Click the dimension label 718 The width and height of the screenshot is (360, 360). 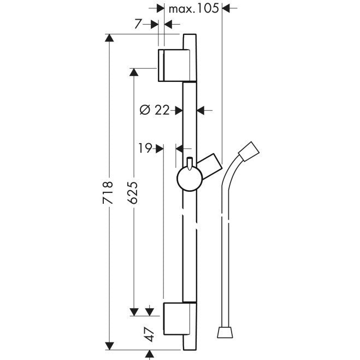[x=108, y=192]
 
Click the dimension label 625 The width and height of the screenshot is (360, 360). [x=133, y=192]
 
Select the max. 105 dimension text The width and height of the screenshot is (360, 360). [x=194, y=9]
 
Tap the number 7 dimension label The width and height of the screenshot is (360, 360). [x=138, y=23]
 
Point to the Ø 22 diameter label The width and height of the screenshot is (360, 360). [x=154, y=110]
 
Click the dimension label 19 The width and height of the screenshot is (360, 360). [x=145, y=148]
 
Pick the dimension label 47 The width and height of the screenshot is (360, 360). [x=150, y=334]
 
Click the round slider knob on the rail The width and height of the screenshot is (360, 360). [x=190, y=179]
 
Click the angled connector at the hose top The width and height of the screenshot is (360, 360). [x=249, y=151]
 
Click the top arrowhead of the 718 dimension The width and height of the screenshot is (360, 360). [x=109, y=38]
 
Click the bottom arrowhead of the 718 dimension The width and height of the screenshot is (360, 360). [x=109, y=346]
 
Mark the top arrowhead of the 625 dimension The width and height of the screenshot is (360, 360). [x=134, y=72]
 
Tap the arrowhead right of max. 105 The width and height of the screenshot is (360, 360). [x=226, y=9]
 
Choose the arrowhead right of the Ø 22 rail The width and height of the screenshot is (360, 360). [x=201, y=110]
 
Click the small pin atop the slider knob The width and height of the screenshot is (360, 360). [x=190, y=163]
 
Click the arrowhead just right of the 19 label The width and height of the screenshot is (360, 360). [x=160, y=149]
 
